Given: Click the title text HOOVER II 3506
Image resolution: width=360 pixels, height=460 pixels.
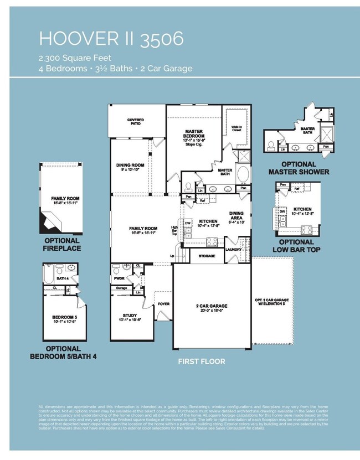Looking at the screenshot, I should pyautogui.click(x=111, y=39).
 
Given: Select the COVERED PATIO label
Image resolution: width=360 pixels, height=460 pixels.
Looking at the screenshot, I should pyautogui.click(x=135, y=121).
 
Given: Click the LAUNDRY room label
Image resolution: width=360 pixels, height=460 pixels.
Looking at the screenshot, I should pyautogui.click(x=234, y=249).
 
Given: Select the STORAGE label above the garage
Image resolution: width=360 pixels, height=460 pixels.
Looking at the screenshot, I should pyautogui.click(x=207, y=256).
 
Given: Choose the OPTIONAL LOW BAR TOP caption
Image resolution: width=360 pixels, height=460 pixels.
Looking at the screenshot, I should pyautogui.click(x=296, y=245).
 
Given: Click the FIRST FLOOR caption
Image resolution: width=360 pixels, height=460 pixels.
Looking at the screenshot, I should pyautogui.click(x=201, y=361).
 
